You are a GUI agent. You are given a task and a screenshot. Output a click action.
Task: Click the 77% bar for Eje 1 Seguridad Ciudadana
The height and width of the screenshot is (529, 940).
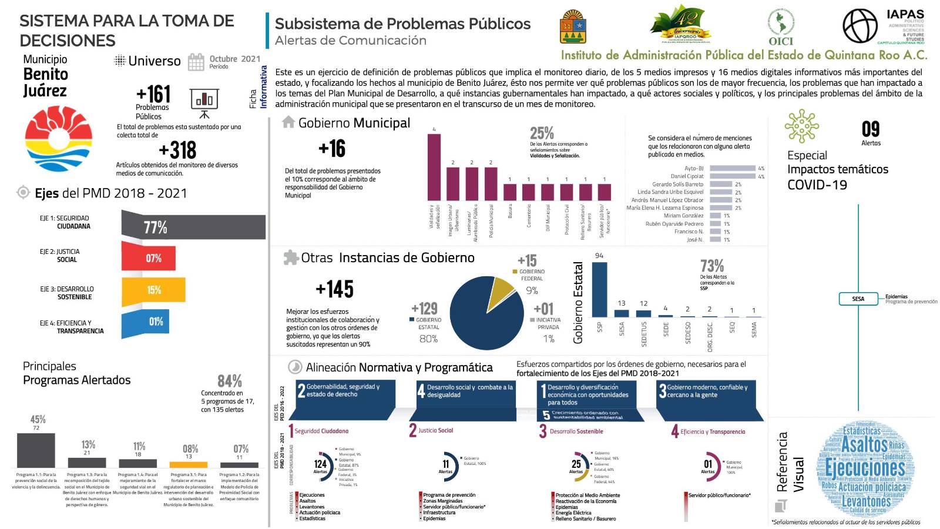[x=194, y=227]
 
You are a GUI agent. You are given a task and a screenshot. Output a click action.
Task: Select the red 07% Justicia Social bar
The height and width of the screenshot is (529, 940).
[x=149, y=258]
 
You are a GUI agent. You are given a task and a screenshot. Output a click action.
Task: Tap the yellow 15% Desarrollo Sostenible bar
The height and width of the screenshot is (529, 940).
[x=154, y=290]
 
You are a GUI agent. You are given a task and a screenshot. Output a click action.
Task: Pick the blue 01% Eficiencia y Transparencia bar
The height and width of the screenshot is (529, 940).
[x=146, y=322]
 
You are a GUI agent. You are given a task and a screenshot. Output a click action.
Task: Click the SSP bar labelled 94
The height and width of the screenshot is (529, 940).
[x=599, y=290]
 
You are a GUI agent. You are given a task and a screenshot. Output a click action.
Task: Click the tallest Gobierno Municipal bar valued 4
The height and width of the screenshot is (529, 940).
[x=434, y=168]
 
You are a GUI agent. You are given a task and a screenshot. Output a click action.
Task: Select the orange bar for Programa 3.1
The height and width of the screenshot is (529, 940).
[x=189, y=464]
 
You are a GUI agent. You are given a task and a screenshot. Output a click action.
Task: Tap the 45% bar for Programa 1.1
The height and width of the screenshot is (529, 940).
[x=36, y=450]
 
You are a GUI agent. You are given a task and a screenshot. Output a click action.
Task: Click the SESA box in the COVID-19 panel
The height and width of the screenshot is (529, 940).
[x=858, y=299]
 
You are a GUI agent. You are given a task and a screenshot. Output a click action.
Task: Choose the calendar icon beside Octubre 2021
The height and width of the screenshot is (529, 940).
[x=196, y=62]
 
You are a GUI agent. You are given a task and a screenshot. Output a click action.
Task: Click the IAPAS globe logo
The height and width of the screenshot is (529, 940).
[x=860, y=26]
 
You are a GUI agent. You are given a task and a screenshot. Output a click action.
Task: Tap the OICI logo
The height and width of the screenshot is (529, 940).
[x=781, y=26]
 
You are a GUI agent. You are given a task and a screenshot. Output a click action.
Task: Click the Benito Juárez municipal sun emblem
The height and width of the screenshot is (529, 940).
[x=59, y=139]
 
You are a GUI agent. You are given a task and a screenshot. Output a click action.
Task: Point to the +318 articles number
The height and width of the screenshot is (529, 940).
[x=177, y=150]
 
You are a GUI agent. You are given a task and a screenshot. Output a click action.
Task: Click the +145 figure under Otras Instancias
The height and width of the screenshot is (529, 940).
[x=334, y=289]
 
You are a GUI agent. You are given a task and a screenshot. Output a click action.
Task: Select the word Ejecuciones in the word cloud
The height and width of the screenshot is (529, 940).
[x=865, y=468]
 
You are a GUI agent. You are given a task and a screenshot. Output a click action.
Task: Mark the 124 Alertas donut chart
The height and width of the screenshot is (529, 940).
[x=320, y=463]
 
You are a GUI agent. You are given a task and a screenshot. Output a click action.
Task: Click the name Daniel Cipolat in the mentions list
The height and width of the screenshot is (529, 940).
[x=687, y=176]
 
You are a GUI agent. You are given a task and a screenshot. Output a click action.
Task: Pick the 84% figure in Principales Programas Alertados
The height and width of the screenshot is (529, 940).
[x=230, y=381]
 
